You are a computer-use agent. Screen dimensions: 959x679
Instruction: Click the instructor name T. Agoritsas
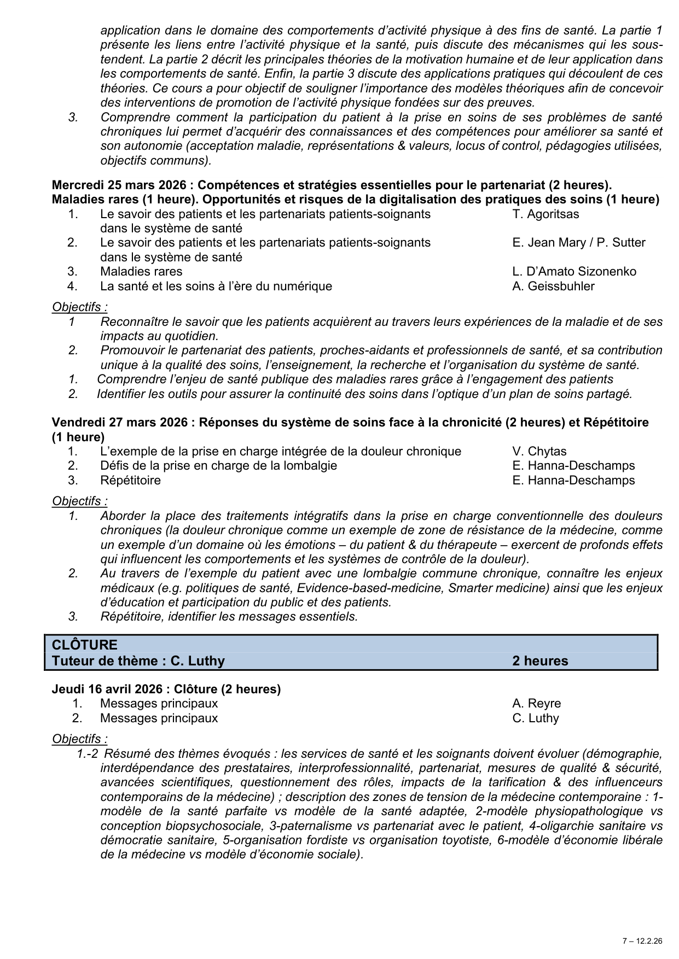point(545,214)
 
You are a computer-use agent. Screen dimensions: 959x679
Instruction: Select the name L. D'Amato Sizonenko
point(574,272)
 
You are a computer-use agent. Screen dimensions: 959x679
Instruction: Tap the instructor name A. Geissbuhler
point(553,286)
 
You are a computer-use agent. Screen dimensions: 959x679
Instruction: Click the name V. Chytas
point(539,452)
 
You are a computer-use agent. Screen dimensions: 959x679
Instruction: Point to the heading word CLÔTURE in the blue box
point(85,645)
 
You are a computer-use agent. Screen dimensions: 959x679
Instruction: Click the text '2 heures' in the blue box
point(540,661)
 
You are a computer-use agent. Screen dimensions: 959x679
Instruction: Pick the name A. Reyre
point(536,704)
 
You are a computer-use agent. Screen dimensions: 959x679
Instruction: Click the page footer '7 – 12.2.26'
point(642,941)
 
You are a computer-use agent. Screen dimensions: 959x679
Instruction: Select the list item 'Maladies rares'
point(141,272)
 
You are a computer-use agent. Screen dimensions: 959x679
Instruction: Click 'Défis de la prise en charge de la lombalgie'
point(218,466)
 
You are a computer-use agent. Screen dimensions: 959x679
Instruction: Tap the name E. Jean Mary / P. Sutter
point(578,243)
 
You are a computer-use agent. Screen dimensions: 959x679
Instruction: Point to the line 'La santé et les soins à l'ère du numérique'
point(216,286)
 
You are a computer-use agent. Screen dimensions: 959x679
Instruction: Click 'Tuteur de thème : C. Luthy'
point(138,661)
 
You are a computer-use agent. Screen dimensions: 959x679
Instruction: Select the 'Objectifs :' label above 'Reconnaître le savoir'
point(80,307)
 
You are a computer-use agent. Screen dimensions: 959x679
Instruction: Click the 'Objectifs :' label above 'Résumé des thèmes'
point(80,739)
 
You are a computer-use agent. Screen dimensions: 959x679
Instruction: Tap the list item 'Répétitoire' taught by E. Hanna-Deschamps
point(130,481)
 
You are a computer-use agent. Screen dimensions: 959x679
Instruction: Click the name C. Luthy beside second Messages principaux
point(535,718)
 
